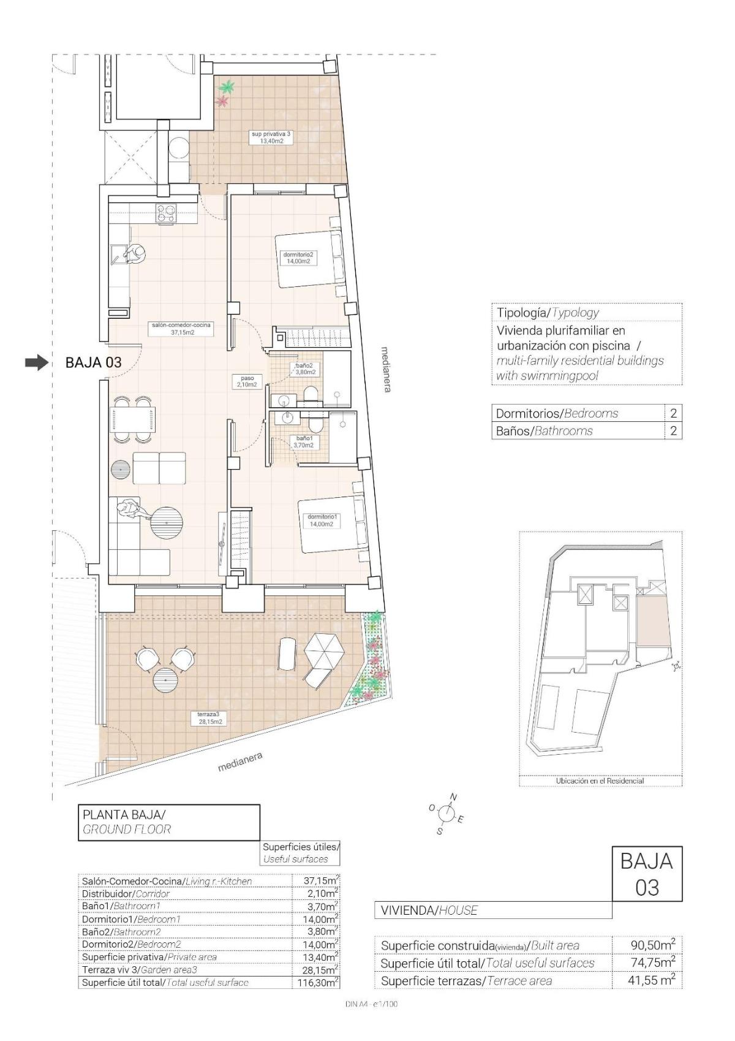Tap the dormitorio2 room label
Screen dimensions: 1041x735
coord(298,257)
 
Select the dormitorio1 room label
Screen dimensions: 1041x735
coord(322,520)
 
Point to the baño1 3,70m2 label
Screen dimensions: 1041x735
coord(304,441)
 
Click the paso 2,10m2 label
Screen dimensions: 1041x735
coord(247,381)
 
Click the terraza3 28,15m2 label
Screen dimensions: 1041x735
coord(209,718)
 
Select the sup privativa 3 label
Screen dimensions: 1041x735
coord(267,137)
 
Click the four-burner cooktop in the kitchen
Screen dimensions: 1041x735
coord(165,213)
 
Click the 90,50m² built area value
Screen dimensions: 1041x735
coord(652,945)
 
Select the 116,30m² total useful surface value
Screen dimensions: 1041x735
coord(320,982)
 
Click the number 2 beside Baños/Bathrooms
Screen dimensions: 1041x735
coord(673,430)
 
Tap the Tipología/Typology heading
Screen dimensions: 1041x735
coord(548,312)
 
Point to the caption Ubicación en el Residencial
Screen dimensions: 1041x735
coord(600,781)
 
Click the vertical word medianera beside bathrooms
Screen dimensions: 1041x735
coord(385,369)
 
